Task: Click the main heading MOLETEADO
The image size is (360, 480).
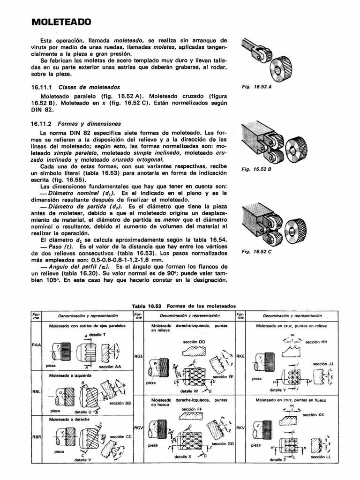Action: [61, 22]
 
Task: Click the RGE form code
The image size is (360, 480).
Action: [138, 356]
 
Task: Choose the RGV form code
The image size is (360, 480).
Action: [138, 427]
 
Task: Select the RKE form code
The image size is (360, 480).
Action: [240, 356]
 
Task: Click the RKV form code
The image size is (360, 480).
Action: [240, 427]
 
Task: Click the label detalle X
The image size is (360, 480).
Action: [183, 456]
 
